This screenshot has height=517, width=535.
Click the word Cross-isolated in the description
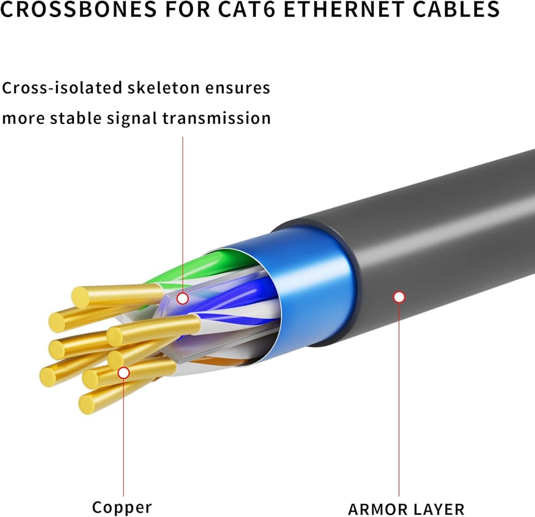(61, 88)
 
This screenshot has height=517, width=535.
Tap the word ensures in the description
(242, 88)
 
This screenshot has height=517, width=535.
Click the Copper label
(122, 506)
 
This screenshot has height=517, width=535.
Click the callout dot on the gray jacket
(399, 297)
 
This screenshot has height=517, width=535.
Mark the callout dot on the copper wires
(124, 372)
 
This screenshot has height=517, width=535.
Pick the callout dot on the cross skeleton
(182, 298)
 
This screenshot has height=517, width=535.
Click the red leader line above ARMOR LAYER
(399, 401)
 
